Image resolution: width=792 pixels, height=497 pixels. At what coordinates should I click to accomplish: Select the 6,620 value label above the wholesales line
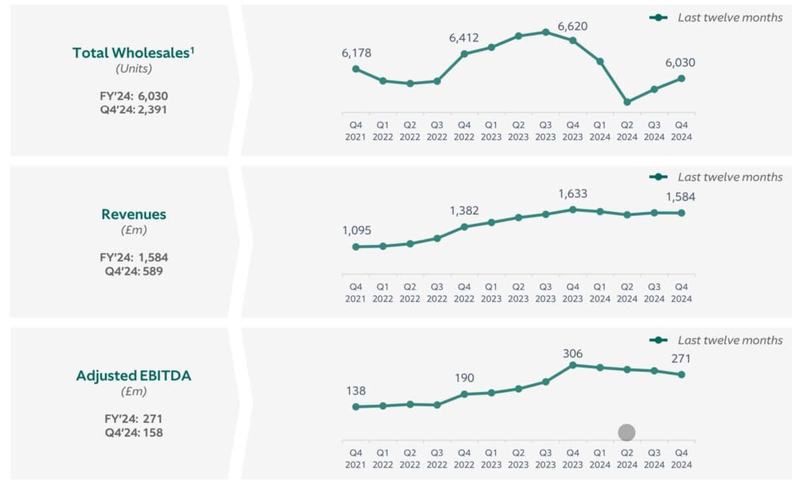point(573,26)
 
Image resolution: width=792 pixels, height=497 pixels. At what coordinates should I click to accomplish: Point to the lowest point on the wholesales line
point(627,102)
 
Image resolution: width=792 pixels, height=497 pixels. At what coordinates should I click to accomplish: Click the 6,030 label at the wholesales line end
point(680,63)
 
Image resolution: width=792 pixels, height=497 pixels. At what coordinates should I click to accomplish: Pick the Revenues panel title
point(133,214)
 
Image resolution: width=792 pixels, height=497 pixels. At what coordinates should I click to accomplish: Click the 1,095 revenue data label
point(356,231)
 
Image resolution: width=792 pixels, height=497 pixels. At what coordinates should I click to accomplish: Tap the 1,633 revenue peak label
point(573,194)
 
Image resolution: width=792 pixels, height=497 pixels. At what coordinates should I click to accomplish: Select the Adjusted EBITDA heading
point(133,375)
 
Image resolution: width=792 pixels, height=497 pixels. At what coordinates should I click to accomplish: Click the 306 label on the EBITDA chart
point(573,354)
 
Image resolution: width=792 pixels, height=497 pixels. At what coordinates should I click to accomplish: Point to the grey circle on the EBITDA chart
point(626,432)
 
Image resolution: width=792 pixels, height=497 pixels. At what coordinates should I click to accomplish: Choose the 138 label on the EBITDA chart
point(356,391)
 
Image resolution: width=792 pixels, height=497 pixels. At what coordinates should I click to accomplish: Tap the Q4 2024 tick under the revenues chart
point(681,293)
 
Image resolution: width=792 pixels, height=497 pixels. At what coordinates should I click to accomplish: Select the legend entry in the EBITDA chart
point(717,340)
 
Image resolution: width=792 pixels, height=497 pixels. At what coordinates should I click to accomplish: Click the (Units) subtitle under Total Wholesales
point(134,68)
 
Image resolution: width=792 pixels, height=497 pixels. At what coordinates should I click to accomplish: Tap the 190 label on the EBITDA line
point(464,377)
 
